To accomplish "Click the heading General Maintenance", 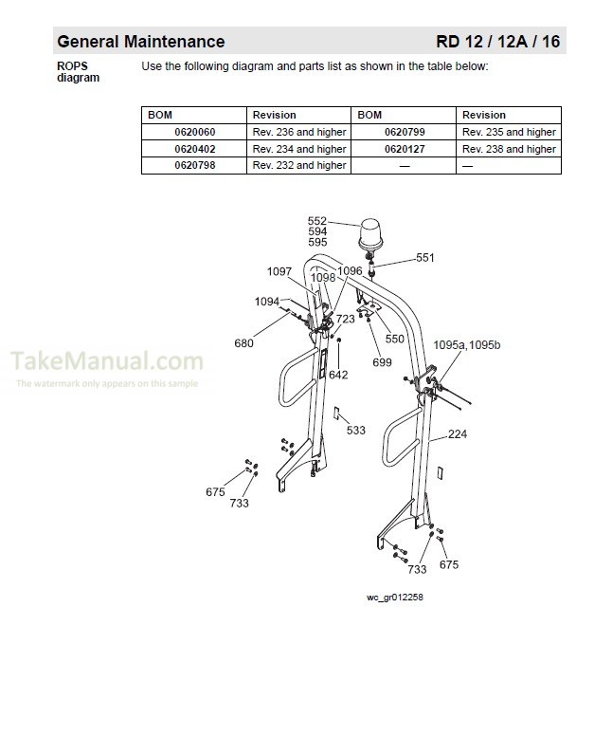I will coord(141,42).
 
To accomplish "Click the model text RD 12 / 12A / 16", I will coord(497,42).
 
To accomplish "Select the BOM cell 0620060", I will coord(194,132).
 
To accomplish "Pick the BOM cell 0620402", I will coord(194,149).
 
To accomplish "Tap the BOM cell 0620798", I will coord(194,165).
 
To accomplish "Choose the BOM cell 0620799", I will coord(404,132).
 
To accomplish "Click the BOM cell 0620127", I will coord(404,149).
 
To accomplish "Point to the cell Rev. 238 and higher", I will coord(509,149).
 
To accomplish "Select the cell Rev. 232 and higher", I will coord(299,165).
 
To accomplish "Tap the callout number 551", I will coord(425,257).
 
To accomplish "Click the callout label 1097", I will coord(279,271).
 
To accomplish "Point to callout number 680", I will coord(243,343).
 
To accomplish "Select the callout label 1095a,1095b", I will coord(466,344).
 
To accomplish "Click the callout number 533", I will coord(355,431).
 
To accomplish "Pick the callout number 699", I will coord(382,362).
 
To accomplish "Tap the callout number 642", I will coord(338,375).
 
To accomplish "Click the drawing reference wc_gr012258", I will coord(394,598).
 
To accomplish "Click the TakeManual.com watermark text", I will coord(107,361).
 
